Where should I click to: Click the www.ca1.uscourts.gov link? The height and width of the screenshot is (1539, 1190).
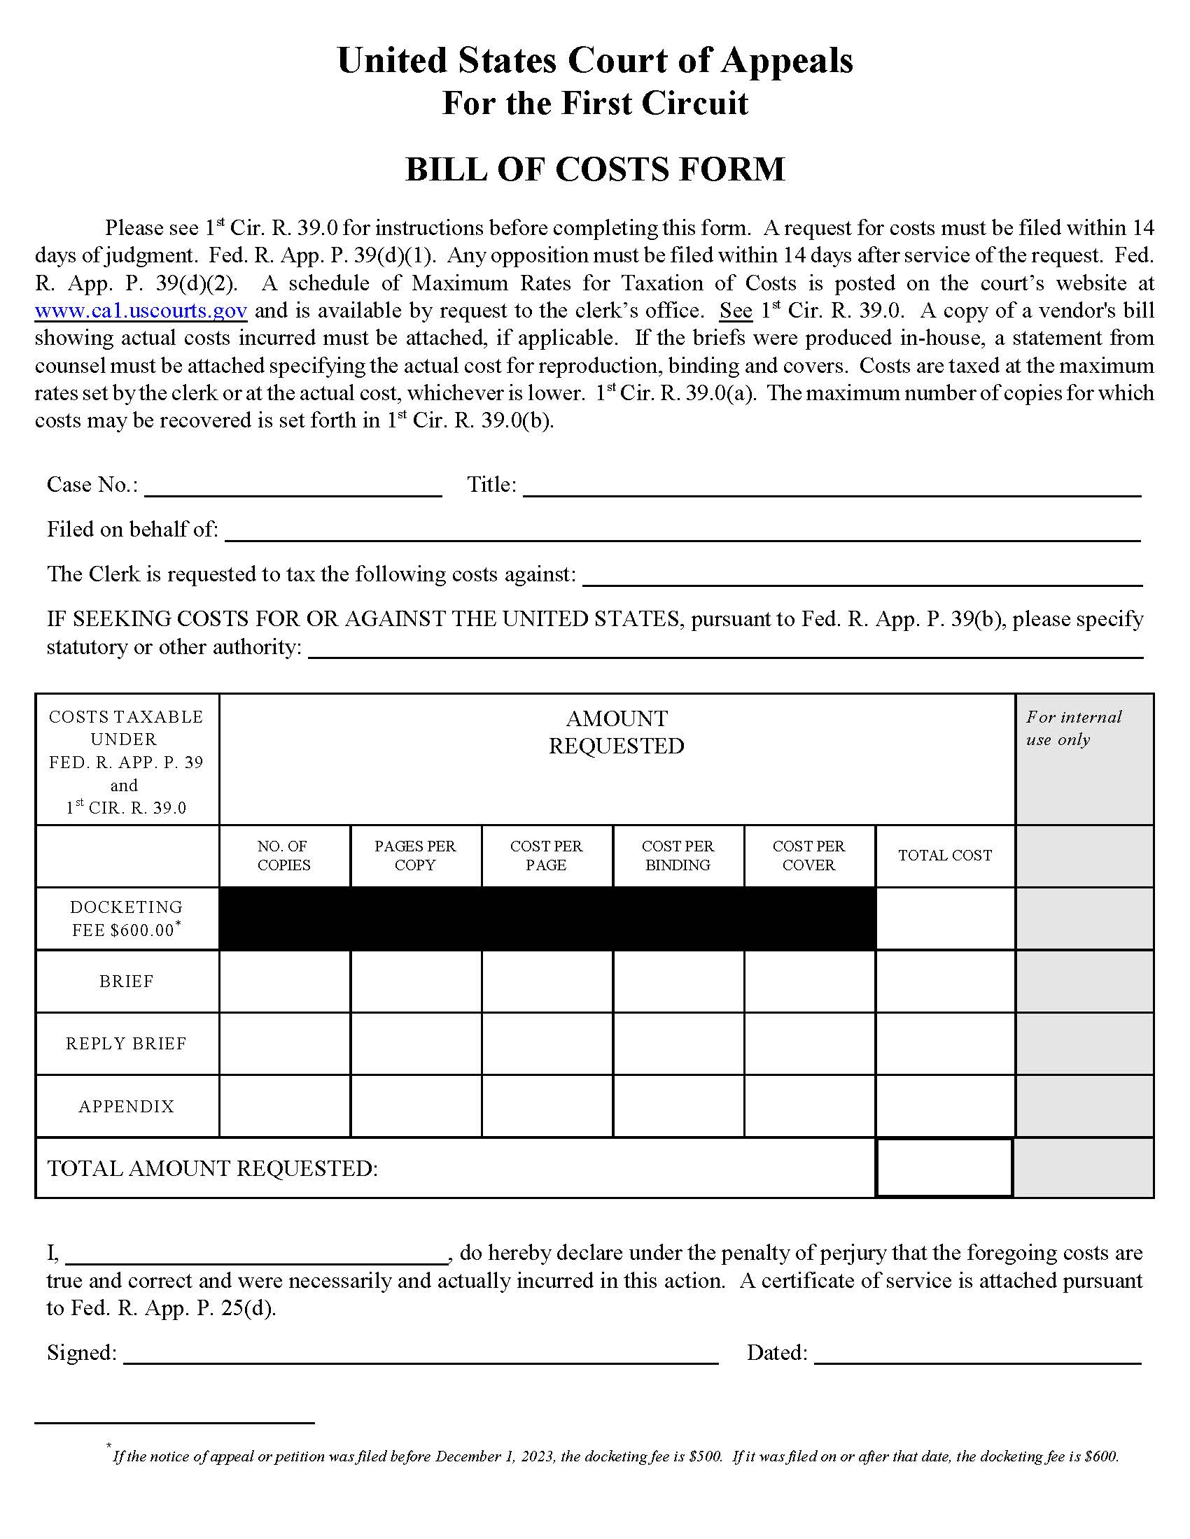click(141, 311)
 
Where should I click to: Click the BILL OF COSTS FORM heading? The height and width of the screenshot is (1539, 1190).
click(594, 170)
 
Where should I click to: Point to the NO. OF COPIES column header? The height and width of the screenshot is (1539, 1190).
click(283, 856)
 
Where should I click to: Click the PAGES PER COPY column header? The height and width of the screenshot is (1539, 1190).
click(415, 856)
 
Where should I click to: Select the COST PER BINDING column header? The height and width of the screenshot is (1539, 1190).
click(678, 856)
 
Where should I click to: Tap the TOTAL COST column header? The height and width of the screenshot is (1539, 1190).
click(945, 856)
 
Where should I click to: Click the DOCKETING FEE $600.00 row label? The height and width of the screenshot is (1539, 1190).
click(126, 919)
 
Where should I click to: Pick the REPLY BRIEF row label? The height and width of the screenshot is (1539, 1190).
click(126, 1044)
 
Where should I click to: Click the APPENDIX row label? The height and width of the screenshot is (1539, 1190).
click(126, 1107)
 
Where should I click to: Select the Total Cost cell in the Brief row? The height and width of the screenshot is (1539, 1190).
click(945, 981)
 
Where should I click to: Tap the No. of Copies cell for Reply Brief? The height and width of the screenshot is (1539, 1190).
click(284, 1044)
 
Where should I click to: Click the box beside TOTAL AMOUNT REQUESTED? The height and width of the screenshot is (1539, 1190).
click(944, 1168)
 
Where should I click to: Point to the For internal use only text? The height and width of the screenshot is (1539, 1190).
click(1073, 728)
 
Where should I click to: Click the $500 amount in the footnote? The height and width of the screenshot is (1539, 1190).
click(705, 1456)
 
